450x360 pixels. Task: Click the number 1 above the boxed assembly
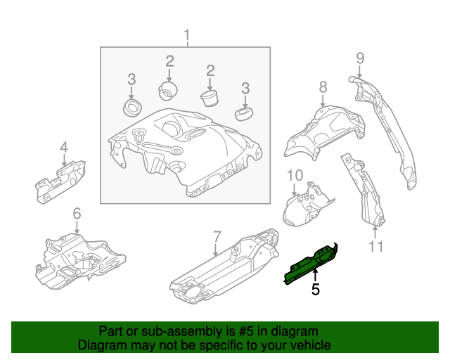[x=187, y=35]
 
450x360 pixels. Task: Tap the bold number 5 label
[x=315, y=288]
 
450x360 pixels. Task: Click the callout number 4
[x=63, y=147]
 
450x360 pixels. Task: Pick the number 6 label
[x=77, y=213]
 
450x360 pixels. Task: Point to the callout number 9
[x=359, y=58]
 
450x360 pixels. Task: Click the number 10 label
[x=294, y=174]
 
